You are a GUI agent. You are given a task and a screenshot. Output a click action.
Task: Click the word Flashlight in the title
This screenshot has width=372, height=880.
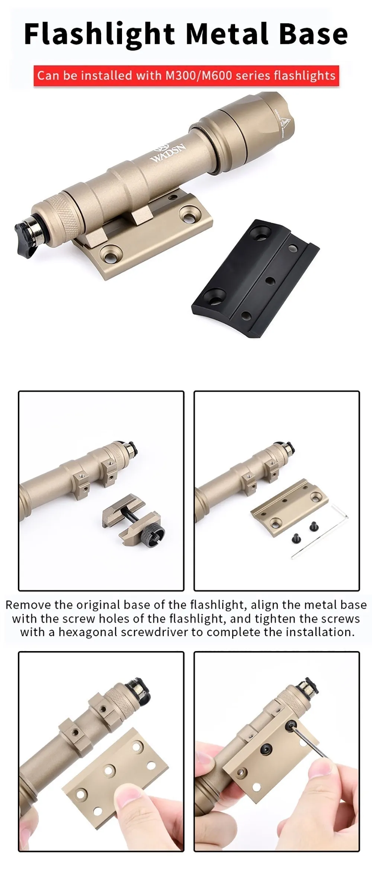[x=99, y=35]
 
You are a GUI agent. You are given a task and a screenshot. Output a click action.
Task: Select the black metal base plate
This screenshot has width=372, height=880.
[x=255, y=278]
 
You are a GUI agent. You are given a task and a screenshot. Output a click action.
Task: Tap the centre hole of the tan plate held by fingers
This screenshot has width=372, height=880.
[x=109, y=770]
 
